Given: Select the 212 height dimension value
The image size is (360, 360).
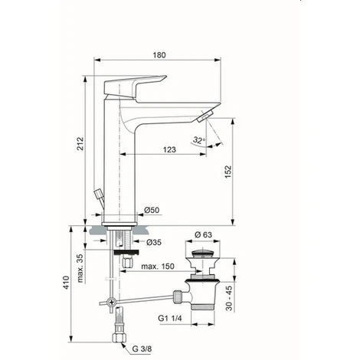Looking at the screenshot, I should (x=80, y=146).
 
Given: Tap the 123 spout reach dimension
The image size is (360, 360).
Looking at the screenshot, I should (x=170, y=150).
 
